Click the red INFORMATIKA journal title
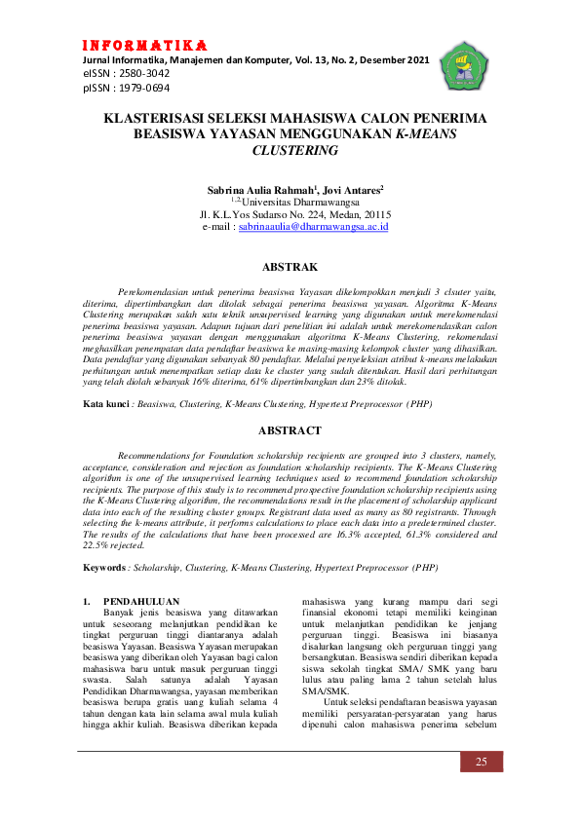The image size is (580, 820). point(144,46)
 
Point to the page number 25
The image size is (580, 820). point(481,761)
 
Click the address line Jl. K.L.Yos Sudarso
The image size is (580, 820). point(293,212)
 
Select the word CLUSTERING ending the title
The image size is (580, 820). point(294,151)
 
